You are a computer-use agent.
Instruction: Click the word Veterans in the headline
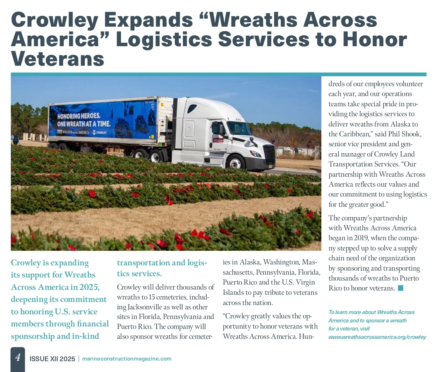(x=58, y=59)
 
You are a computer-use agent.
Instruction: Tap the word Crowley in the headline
(x=54, y=20)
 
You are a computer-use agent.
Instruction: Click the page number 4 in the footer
(x=18, y=357)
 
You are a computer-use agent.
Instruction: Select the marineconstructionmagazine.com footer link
(x=127, y=359)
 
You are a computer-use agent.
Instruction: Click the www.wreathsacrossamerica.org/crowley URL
(x=377, y=337)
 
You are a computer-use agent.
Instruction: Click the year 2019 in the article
(x=361, y=238)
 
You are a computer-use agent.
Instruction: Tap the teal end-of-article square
(x=400, y=288)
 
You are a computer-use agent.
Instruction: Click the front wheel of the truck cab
(x=236, y=162)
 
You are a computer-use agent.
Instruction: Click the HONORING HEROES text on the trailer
(x=79, y=116)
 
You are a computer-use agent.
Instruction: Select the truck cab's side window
(x=218, y=128)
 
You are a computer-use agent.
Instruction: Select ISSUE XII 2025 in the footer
(x=52, y=359)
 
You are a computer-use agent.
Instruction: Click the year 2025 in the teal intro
(x=89, y=287)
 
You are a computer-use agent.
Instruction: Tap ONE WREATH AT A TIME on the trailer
(x=84, y=124)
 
